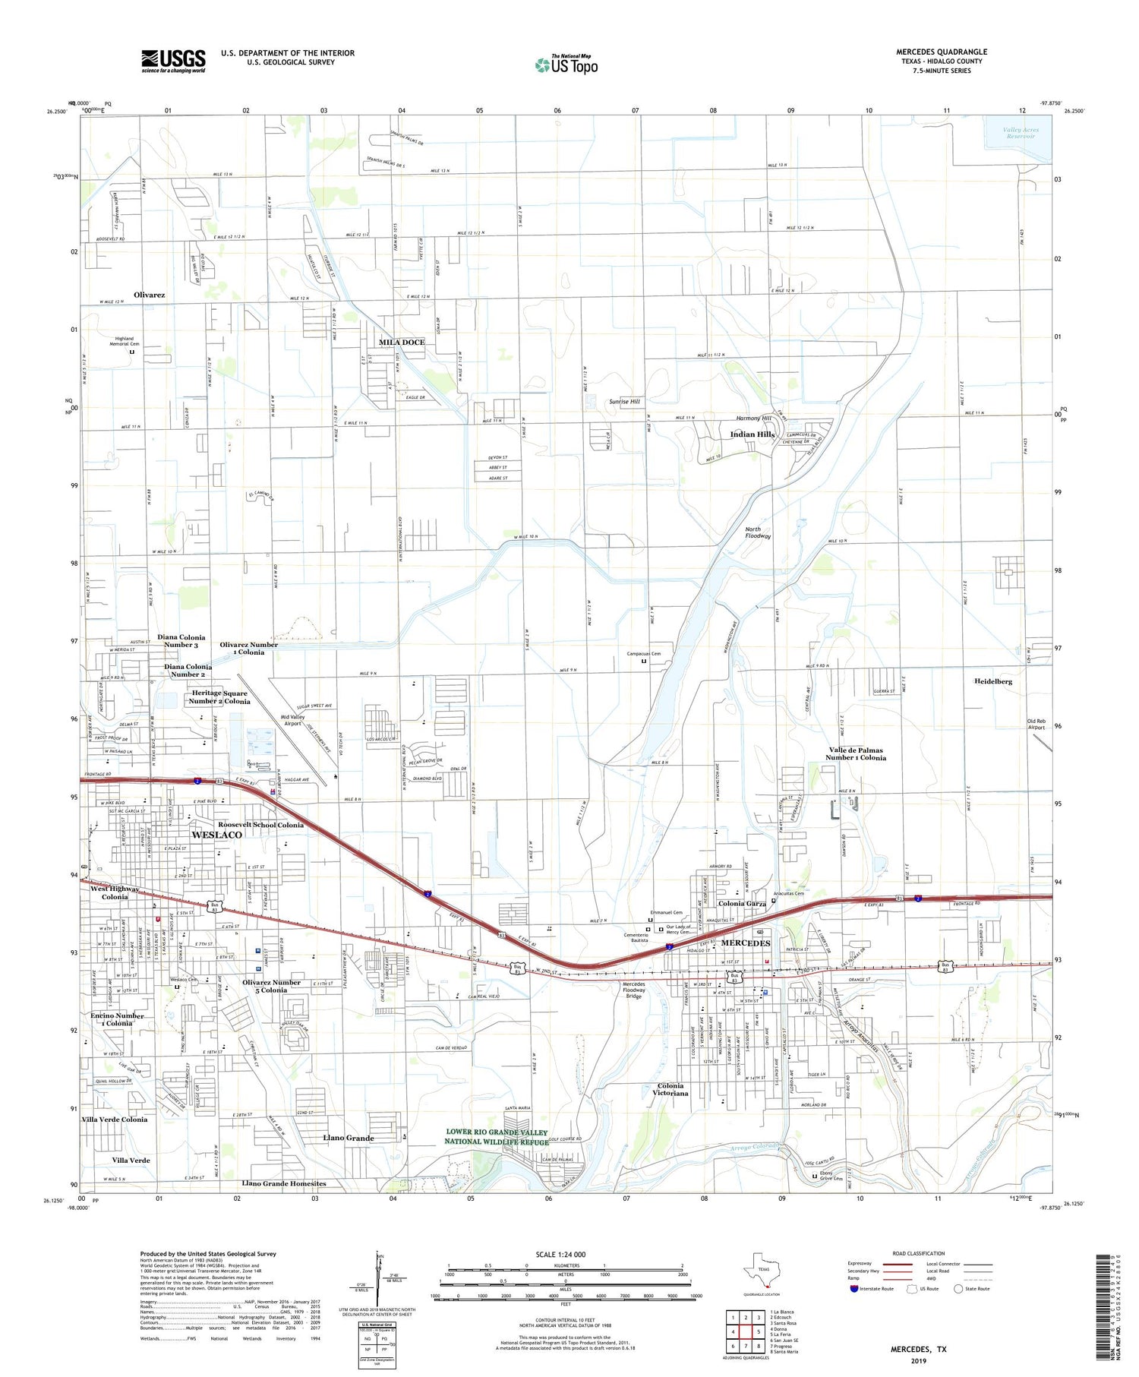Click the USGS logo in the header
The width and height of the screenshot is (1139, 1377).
[173, 61]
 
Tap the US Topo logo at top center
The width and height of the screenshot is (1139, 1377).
[566, 65]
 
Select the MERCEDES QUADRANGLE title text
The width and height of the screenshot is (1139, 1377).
[941, 52]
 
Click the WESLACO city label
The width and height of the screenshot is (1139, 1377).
[216, 835]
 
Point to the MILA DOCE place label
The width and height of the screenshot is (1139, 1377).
[402, 343]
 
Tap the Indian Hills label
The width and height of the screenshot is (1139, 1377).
[752, 434]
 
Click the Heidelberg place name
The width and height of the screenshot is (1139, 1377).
[993, 681]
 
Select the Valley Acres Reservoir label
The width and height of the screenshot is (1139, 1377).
[1020, 133]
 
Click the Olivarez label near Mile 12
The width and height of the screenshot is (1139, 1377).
[149, 295]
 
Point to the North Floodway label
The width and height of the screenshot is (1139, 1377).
[757, 532]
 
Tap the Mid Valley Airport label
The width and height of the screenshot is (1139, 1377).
[292, 720]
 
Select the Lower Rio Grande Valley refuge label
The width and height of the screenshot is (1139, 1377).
[496, 1137]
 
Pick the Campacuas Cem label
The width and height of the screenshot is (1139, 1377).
[643, 653]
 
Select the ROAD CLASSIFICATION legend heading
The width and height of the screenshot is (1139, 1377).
[919, 1253]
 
